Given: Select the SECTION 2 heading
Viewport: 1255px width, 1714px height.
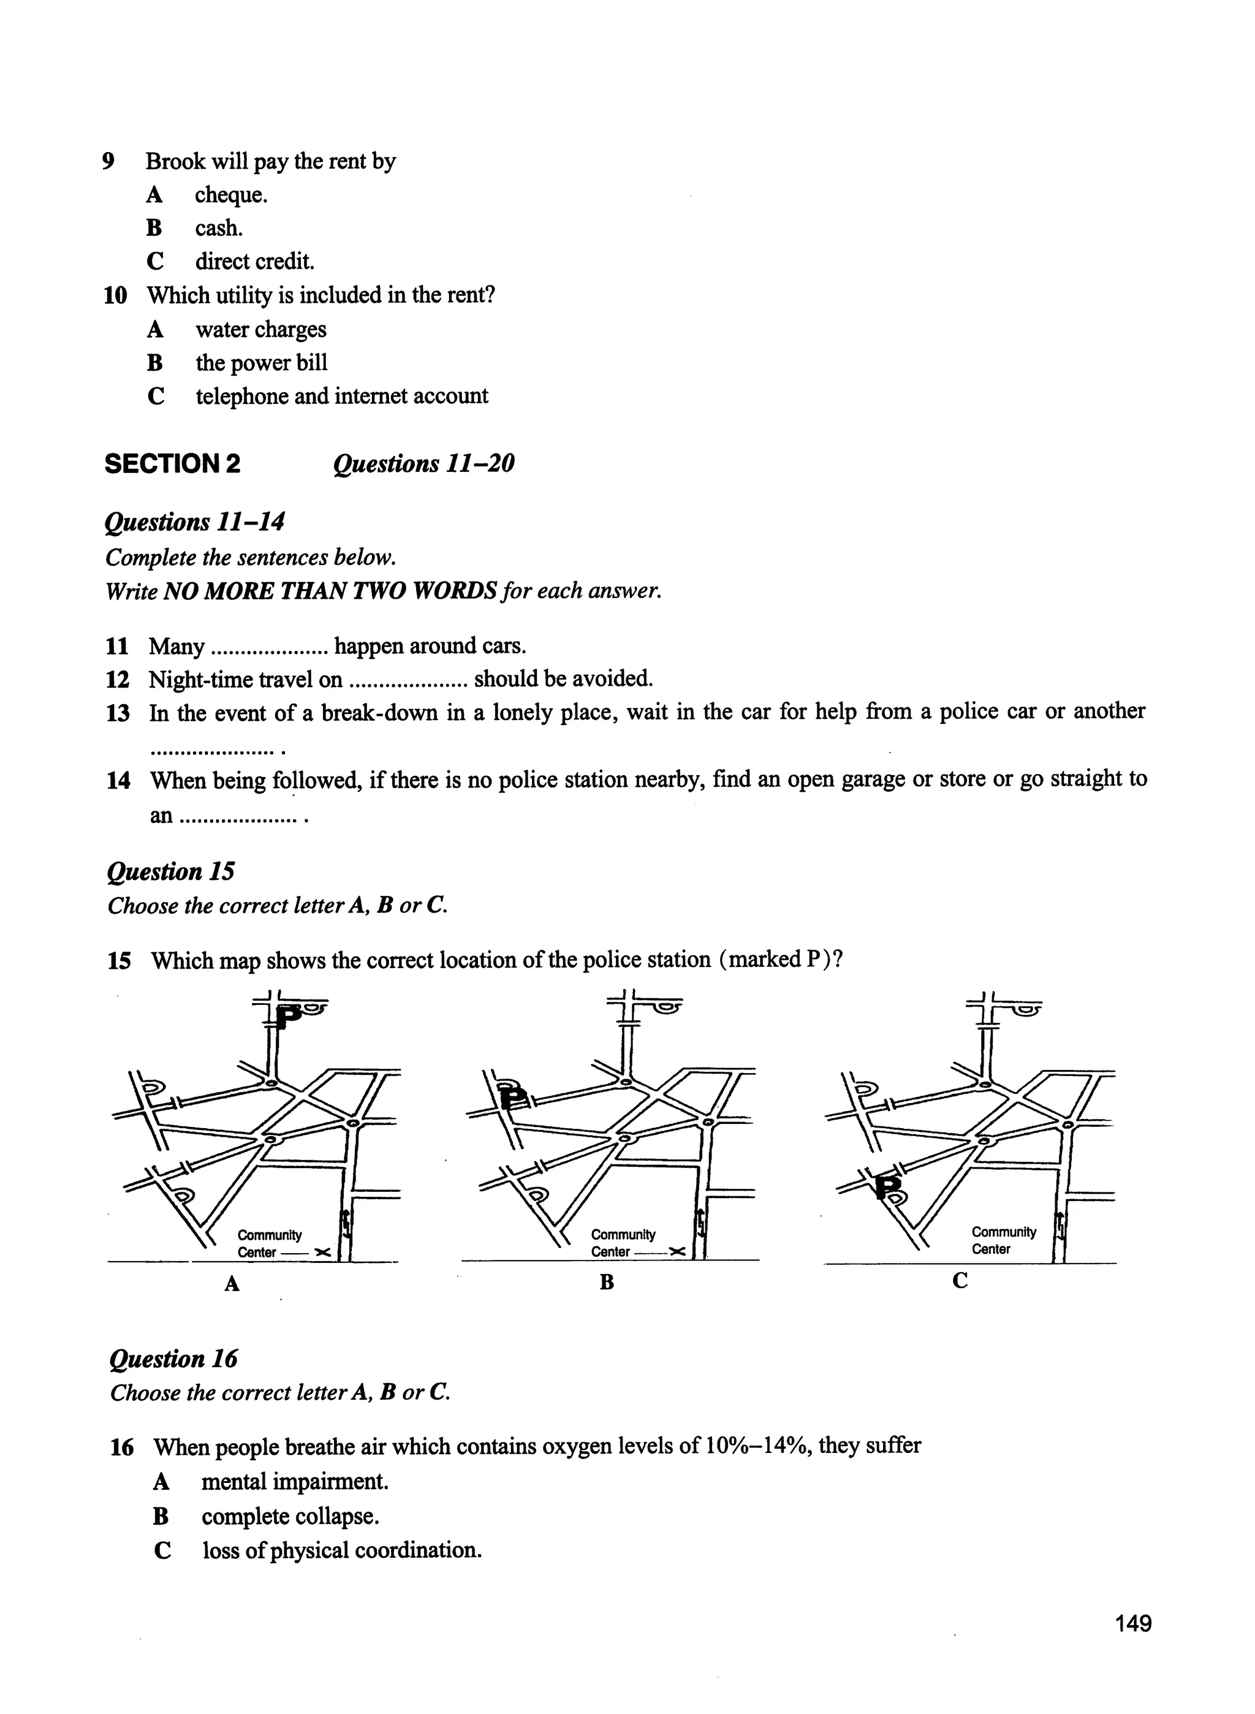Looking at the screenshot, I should [172, 463].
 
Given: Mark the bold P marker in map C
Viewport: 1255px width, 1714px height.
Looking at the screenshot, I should [887, 1185].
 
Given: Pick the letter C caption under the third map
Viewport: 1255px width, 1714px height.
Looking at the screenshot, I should [960, 1281].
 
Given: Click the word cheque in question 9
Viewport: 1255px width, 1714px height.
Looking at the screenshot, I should [231, 195].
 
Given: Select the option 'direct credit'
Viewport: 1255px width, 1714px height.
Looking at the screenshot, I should [254, 261].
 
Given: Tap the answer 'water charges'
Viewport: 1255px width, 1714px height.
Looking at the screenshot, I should [260, 329].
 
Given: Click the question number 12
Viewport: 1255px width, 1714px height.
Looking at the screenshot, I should [118, 679].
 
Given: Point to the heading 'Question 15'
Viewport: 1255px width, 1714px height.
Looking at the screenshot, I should [171, 871].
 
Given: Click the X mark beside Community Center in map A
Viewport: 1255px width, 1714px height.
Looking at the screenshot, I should [322, 1252].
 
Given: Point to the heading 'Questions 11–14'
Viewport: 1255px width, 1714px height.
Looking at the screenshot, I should [194, 522].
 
